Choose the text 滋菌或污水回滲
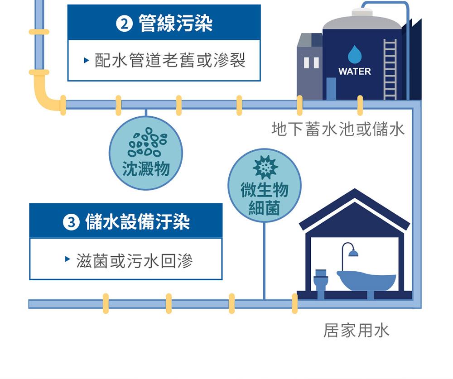click(135, 261)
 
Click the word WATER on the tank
click(354, 72)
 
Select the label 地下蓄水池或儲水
click(338, 130)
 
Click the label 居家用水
click(356, 331)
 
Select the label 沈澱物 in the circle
click(146, 168)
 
